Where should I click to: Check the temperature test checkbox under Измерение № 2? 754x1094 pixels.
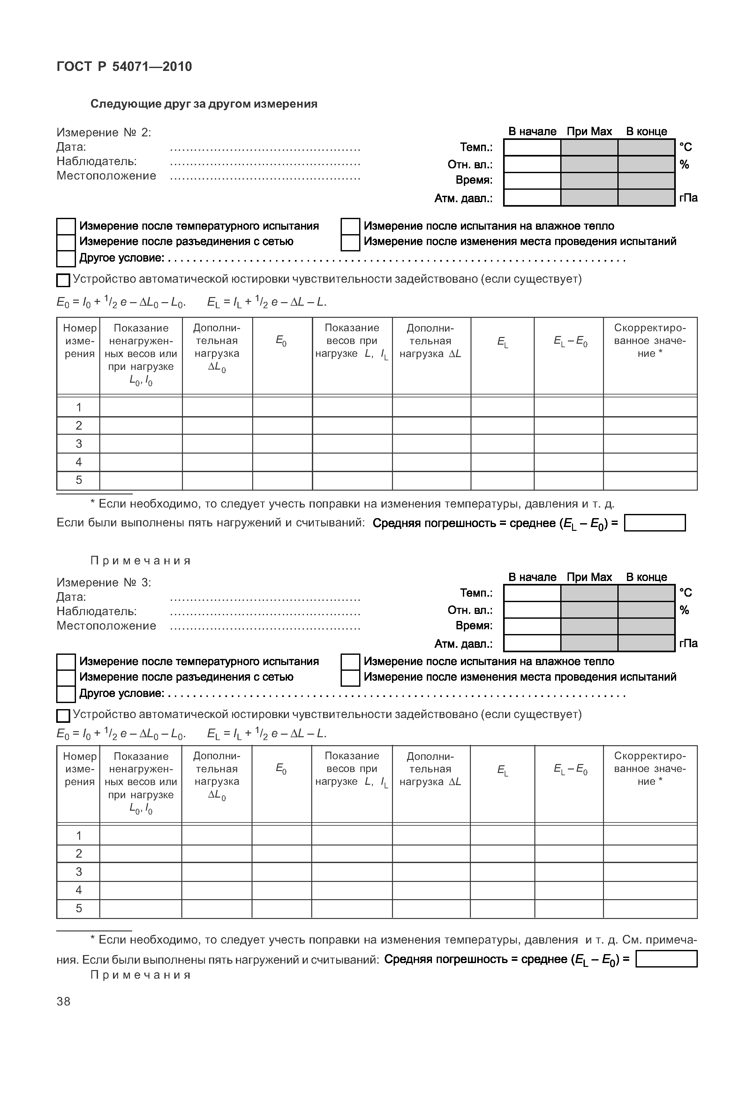[66, 226]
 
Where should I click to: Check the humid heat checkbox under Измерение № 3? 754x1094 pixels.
[350, 662]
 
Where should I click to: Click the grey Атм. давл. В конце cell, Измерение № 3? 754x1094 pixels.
[646, 643]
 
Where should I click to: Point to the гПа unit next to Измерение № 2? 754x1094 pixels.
[688, 198]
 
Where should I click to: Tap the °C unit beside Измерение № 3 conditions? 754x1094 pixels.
[685, 593]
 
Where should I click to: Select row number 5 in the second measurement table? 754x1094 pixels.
[79, 908]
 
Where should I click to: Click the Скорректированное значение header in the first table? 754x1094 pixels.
[650, 341]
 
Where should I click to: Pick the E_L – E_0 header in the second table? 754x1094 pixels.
[570, 769]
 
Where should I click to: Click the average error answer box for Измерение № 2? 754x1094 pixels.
[654, 523]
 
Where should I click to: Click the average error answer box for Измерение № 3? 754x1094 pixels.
[666, 959]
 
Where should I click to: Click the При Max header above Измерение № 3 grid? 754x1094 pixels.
[589, 577]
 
